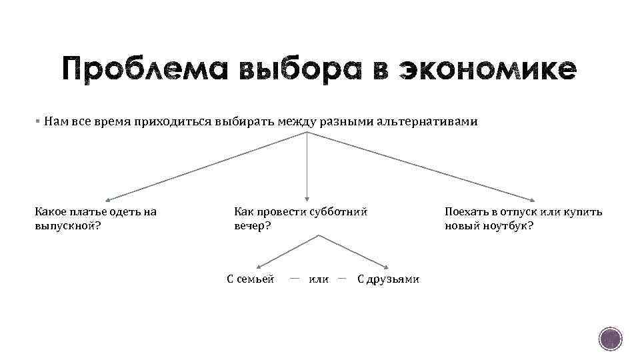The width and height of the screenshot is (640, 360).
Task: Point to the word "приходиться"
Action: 173,122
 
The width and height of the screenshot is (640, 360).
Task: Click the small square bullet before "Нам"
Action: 39,122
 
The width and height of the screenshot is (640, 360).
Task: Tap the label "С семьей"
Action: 251,279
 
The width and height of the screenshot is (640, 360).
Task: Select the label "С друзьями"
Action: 388,279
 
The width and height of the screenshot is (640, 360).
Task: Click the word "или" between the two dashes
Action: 319,279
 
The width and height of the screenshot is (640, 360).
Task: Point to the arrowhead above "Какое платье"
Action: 109,199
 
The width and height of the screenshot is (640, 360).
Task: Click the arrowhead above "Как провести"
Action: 307,197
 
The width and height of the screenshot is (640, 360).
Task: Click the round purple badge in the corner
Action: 609,339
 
